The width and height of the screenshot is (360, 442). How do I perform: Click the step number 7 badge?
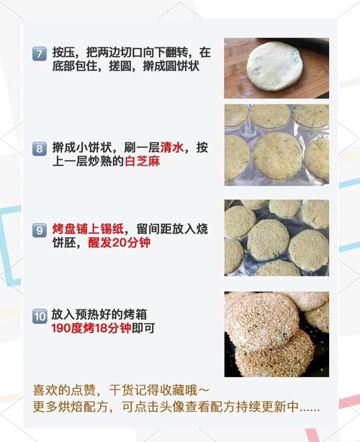(39, 53)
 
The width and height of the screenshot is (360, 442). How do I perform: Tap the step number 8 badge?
(39, 149)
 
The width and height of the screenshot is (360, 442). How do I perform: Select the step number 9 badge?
(39, 230)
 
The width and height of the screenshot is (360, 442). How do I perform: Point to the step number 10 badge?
(40, 315)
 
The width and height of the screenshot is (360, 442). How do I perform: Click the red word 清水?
(173, 148)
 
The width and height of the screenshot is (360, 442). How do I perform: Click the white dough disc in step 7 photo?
(275, 66)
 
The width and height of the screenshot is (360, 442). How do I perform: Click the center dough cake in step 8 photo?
(277, 155)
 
